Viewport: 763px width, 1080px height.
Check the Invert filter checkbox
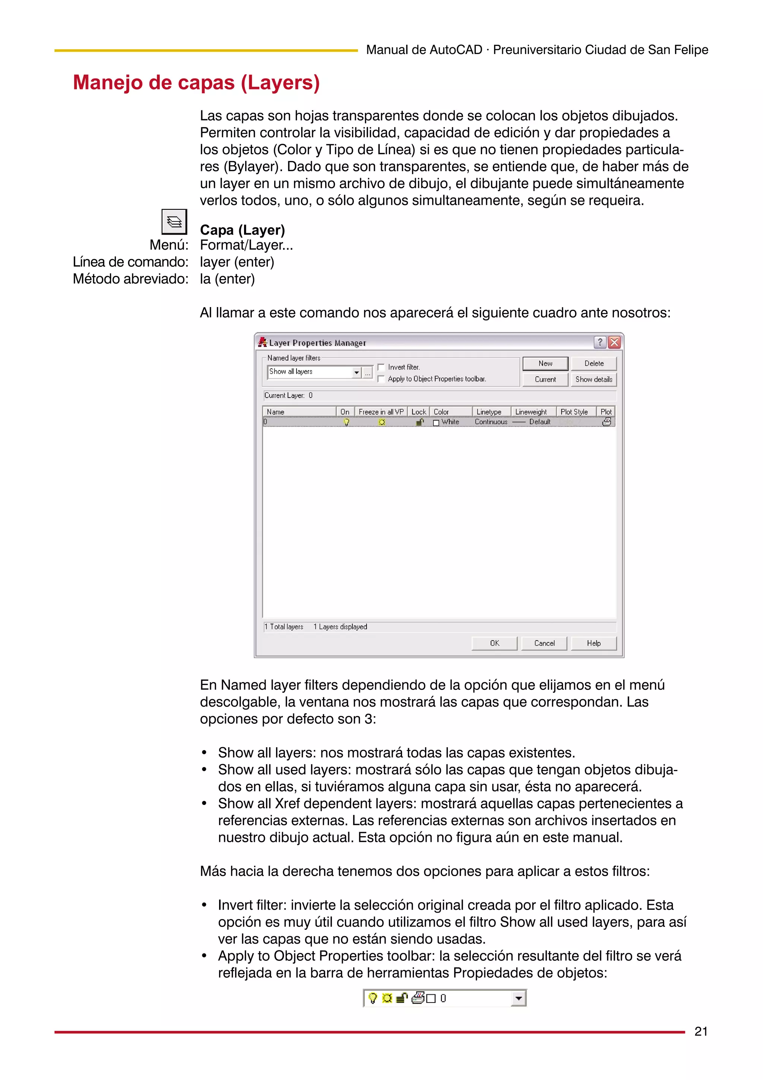pyautogui.click(x=381, y=367)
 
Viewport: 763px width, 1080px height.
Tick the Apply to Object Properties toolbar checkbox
pyautogui.click(x=381, y=379)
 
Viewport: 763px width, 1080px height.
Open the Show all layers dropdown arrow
pyautogui.click(x=356, y=372)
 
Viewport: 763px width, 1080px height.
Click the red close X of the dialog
pyautogui.click(x=614, y=342)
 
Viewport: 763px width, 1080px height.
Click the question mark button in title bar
pyautogui.click(x=600, y=342)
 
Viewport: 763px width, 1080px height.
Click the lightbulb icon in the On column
pyautogui.click(x=346, y=422)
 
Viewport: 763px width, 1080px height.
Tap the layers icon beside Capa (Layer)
pyautogui.click(x=174, y=221)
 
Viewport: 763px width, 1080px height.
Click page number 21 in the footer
pyautogui.click(x=700, y=1032)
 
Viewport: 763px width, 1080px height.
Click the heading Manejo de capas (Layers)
pyautogui.click(x=196, y=83)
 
